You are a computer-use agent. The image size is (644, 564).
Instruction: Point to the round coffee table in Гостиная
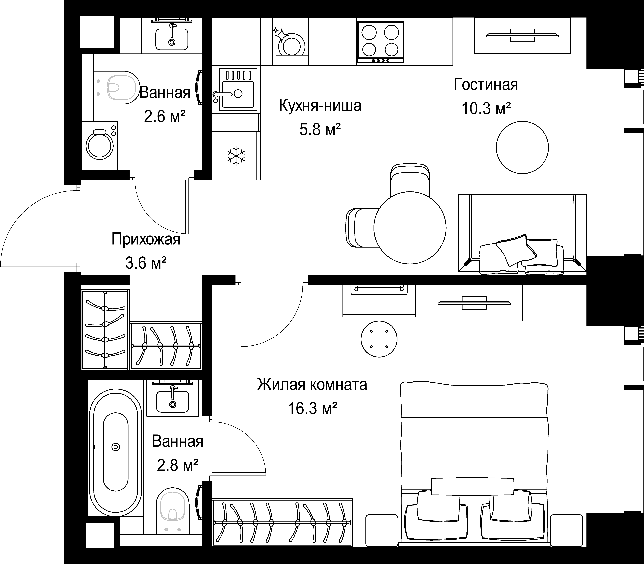pos(522,147)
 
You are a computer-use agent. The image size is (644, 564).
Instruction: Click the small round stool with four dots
pos(379,339)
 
